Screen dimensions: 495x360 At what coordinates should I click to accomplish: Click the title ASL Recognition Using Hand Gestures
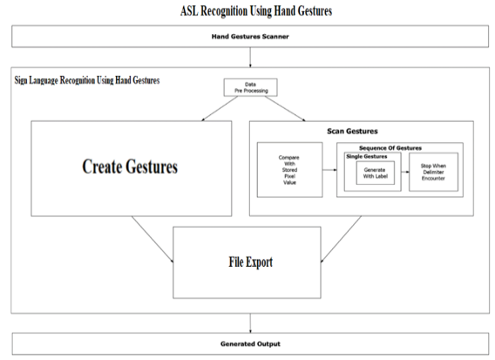tap(256, 11)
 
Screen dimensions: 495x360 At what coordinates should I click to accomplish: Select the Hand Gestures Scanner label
tap(250, 37)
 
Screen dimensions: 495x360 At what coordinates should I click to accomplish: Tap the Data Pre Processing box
tap(251, 87)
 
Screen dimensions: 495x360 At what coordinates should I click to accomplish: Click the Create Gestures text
tap(130, 166)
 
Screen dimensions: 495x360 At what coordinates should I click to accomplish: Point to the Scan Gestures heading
tap(352, 131)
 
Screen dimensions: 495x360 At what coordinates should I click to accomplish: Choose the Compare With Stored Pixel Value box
tap(290, 170)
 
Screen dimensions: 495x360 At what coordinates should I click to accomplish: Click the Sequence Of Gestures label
tap(390, 148)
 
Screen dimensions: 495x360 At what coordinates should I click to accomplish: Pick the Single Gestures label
tap(367, 156)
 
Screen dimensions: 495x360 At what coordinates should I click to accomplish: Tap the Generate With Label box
tap(376, 173)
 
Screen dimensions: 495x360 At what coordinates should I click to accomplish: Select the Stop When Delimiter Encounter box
tap(433, 172)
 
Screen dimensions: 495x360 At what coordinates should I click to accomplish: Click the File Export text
tap(251, 262)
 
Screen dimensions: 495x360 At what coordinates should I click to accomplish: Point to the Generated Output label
tap(250, 344)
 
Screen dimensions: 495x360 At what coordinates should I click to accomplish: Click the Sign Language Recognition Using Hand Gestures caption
tap(87, 80)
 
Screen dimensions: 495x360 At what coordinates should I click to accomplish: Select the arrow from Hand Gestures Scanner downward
tap(250, 58)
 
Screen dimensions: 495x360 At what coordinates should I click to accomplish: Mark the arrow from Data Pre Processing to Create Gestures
tap(220, 109)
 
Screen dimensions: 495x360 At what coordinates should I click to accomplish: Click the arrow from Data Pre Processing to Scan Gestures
tap(285, 109)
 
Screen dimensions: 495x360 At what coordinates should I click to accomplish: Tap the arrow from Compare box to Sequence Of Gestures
tap(329, 170)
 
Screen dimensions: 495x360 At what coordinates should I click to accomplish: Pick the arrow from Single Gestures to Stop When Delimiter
tap(405, 172)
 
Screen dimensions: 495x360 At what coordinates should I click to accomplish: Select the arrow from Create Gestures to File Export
tap(153, 240)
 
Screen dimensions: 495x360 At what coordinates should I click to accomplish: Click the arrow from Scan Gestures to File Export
tap(341, 240)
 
